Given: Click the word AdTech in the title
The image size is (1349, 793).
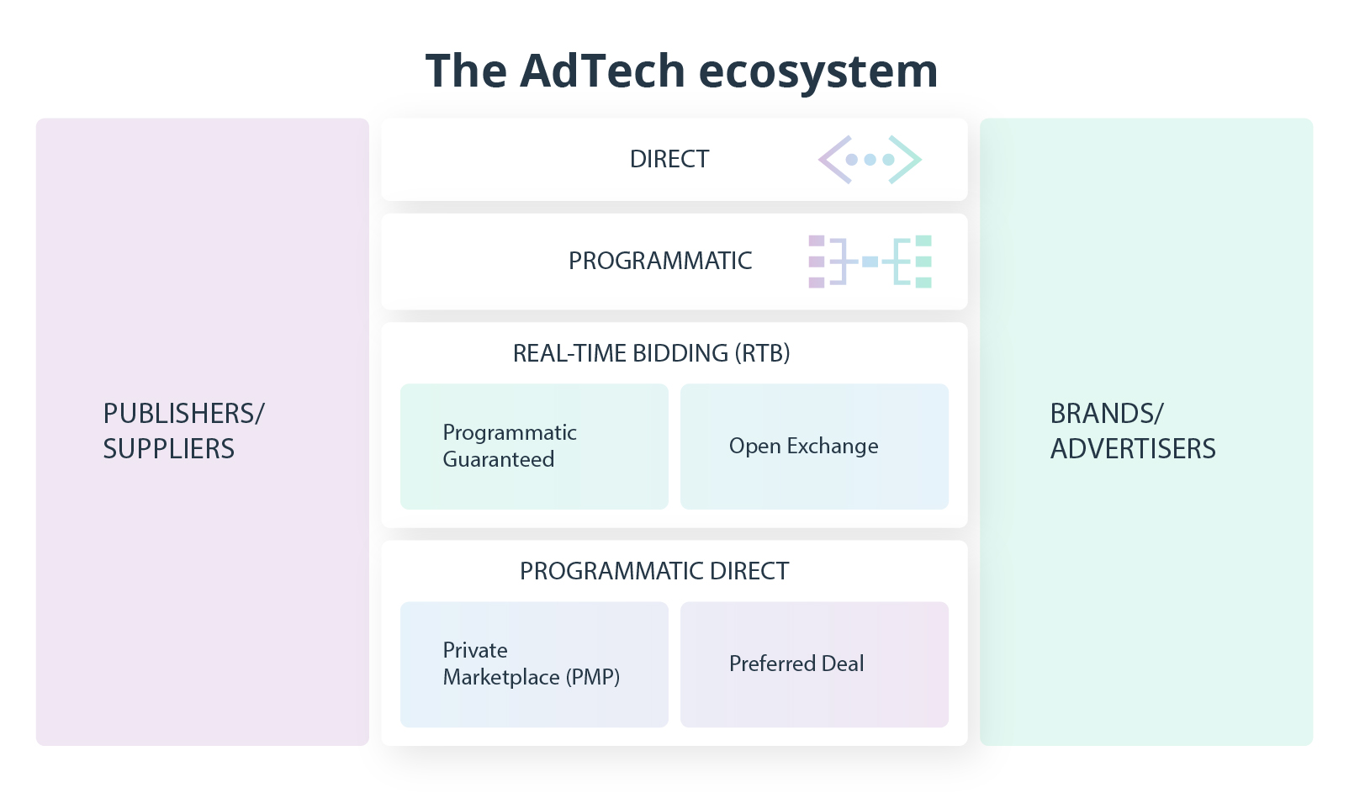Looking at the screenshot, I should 602,71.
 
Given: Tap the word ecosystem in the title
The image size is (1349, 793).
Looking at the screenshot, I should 817,72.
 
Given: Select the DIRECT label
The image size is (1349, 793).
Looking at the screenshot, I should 669,159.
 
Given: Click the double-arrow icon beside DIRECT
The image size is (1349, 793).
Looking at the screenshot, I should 870,159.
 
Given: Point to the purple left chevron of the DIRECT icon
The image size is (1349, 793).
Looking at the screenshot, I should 834,159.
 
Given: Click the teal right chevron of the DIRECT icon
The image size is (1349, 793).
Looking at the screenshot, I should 906,159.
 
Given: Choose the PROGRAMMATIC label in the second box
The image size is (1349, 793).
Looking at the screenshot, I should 660,261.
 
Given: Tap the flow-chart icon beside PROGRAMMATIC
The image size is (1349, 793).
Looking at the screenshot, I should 870,262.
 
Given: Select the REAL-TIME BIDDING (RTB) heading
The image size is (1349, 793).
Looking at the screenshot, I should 651,353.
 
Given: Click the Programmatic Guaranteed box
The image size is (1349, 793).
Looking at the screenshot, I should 534,447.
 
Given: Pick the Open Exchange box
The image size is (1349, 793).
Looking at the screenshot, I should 814,447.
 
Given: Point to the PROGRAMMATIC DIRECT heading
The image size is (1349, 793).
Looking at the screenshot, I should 653,571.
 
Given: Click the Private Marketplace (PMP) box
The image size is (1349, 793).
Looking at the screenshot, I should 534,664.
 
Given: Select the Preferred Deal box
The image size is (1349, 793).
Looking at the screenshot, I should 814,664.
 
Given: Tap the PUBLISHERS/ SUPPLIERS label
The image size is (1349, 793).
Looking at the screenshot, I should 183,431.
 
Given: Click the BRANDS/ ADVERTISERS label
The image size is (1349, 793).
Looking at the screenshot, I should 1132,431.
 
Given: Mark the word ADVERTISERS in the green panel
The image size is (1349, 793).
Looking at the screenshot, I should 1132,449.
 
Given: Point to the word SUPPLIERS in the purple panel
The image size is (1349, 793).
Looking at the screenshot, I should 168,449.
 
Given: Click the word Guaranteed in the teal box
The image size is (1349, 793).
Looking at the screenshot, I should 498,460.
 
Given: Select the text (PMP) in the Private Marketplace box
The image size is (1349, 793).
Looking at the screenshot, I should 592,677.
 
